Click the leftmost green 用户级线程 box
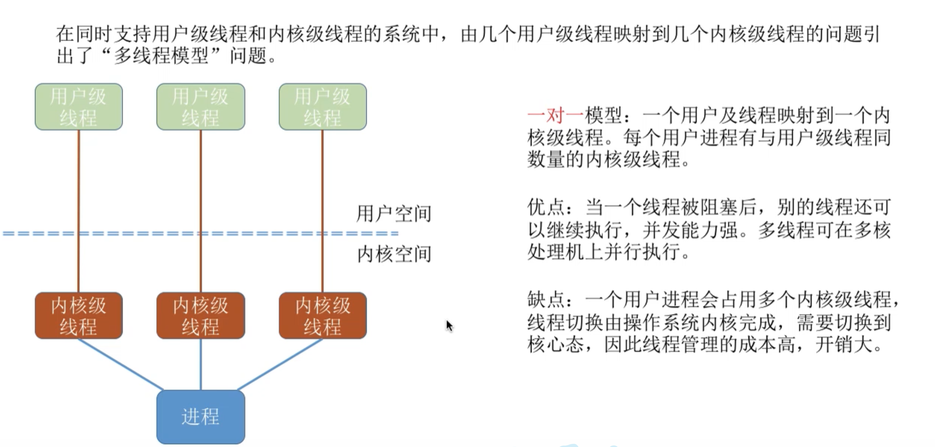click(79, 107)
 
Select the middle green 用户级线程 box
click(201, 107)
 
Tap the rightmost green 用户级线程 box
click(323, 107)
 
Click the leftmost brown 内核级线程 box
click(79, 316)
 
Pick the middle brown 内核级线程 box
click(201, 316)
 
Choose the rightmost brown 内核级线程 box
click(323, 316)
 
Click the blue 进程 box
click(201, 417)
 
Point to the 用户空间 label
click(393, 214)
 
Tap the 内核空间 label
click(393, 254)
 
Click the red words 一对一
click(555, 116)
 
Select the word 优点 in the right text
click(546, 208)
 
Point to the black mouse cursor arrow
click(449, 325)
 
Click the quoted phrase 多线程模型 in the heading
click(161, 55)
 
